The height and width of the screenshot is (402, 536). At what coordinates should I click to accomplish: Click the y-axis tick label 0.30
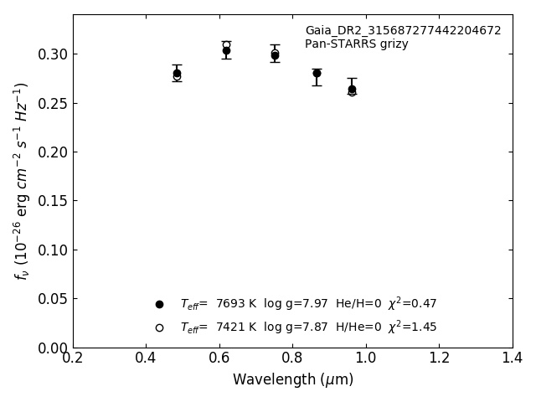tap(53, 54)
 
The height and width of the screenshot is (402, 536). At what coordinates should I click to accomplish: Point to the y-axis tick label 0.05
tap(53, 299)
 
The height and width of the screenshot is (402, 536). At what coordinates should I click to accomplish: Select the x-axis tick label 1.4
tap(513, 358)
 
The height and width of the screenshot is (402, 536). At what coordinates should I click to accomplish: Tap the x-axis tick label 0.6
tap(219, 358)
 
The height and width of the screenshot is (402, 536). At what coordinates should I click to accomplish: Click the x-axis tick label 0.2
tap(73, 358)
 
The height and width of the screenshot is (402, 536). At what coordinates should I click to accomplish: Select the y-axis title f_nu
tap(22, 181)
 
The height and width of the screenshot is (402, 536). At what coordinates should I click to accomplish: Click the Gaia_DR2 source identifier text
tap(403, 31)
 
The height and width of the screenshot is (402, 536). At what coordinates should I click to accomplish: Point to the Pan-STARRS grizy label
tap(356, 44)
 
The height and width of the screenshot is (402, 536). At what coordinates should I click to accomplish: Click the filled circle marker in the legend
tap(159, 304)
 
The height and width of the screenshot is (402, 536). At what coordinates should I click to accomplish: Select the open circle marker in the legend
tap(159, 327)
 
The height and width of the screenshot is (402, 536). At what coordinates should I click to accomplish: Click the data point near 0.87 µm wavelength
tap(317, 73)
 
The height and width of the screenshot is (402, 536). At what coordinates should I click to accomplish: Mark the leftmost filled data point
tap(177, 73)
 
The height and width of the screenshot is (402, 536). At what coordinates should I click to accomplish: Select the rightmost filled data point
tap(352, 89)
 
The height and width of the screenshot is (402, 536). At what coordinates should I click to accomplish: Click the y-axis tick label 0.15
tap(53, 201)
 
